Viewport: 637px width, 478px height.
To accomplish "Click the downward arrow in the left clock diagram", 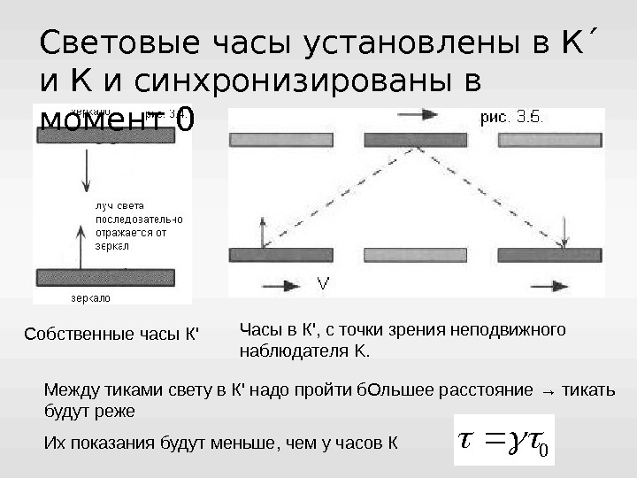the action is click(x=86, y=168).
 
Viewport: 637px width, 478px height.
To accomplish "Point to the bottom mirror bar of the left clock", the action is click(x=111, y=278).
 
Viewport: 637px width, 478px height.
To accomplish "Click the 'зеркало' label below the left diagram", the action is click(x=89, y=298).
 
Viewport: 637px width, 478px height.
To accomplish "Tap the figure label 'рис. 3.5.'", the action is click(x=511, y=116).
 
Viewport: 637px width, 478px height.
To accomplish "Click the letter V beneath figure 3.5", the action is click(x=324, y=284).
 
